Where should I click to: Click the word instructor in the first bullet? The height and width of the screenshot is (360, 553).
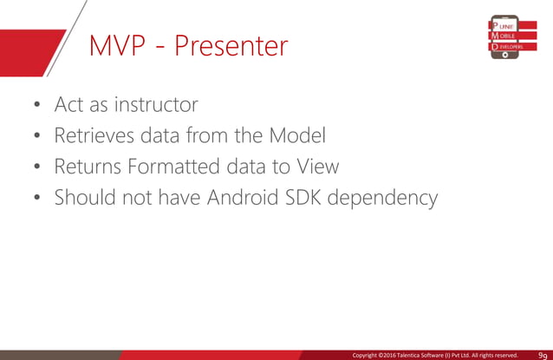click(x=153, y=105)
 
